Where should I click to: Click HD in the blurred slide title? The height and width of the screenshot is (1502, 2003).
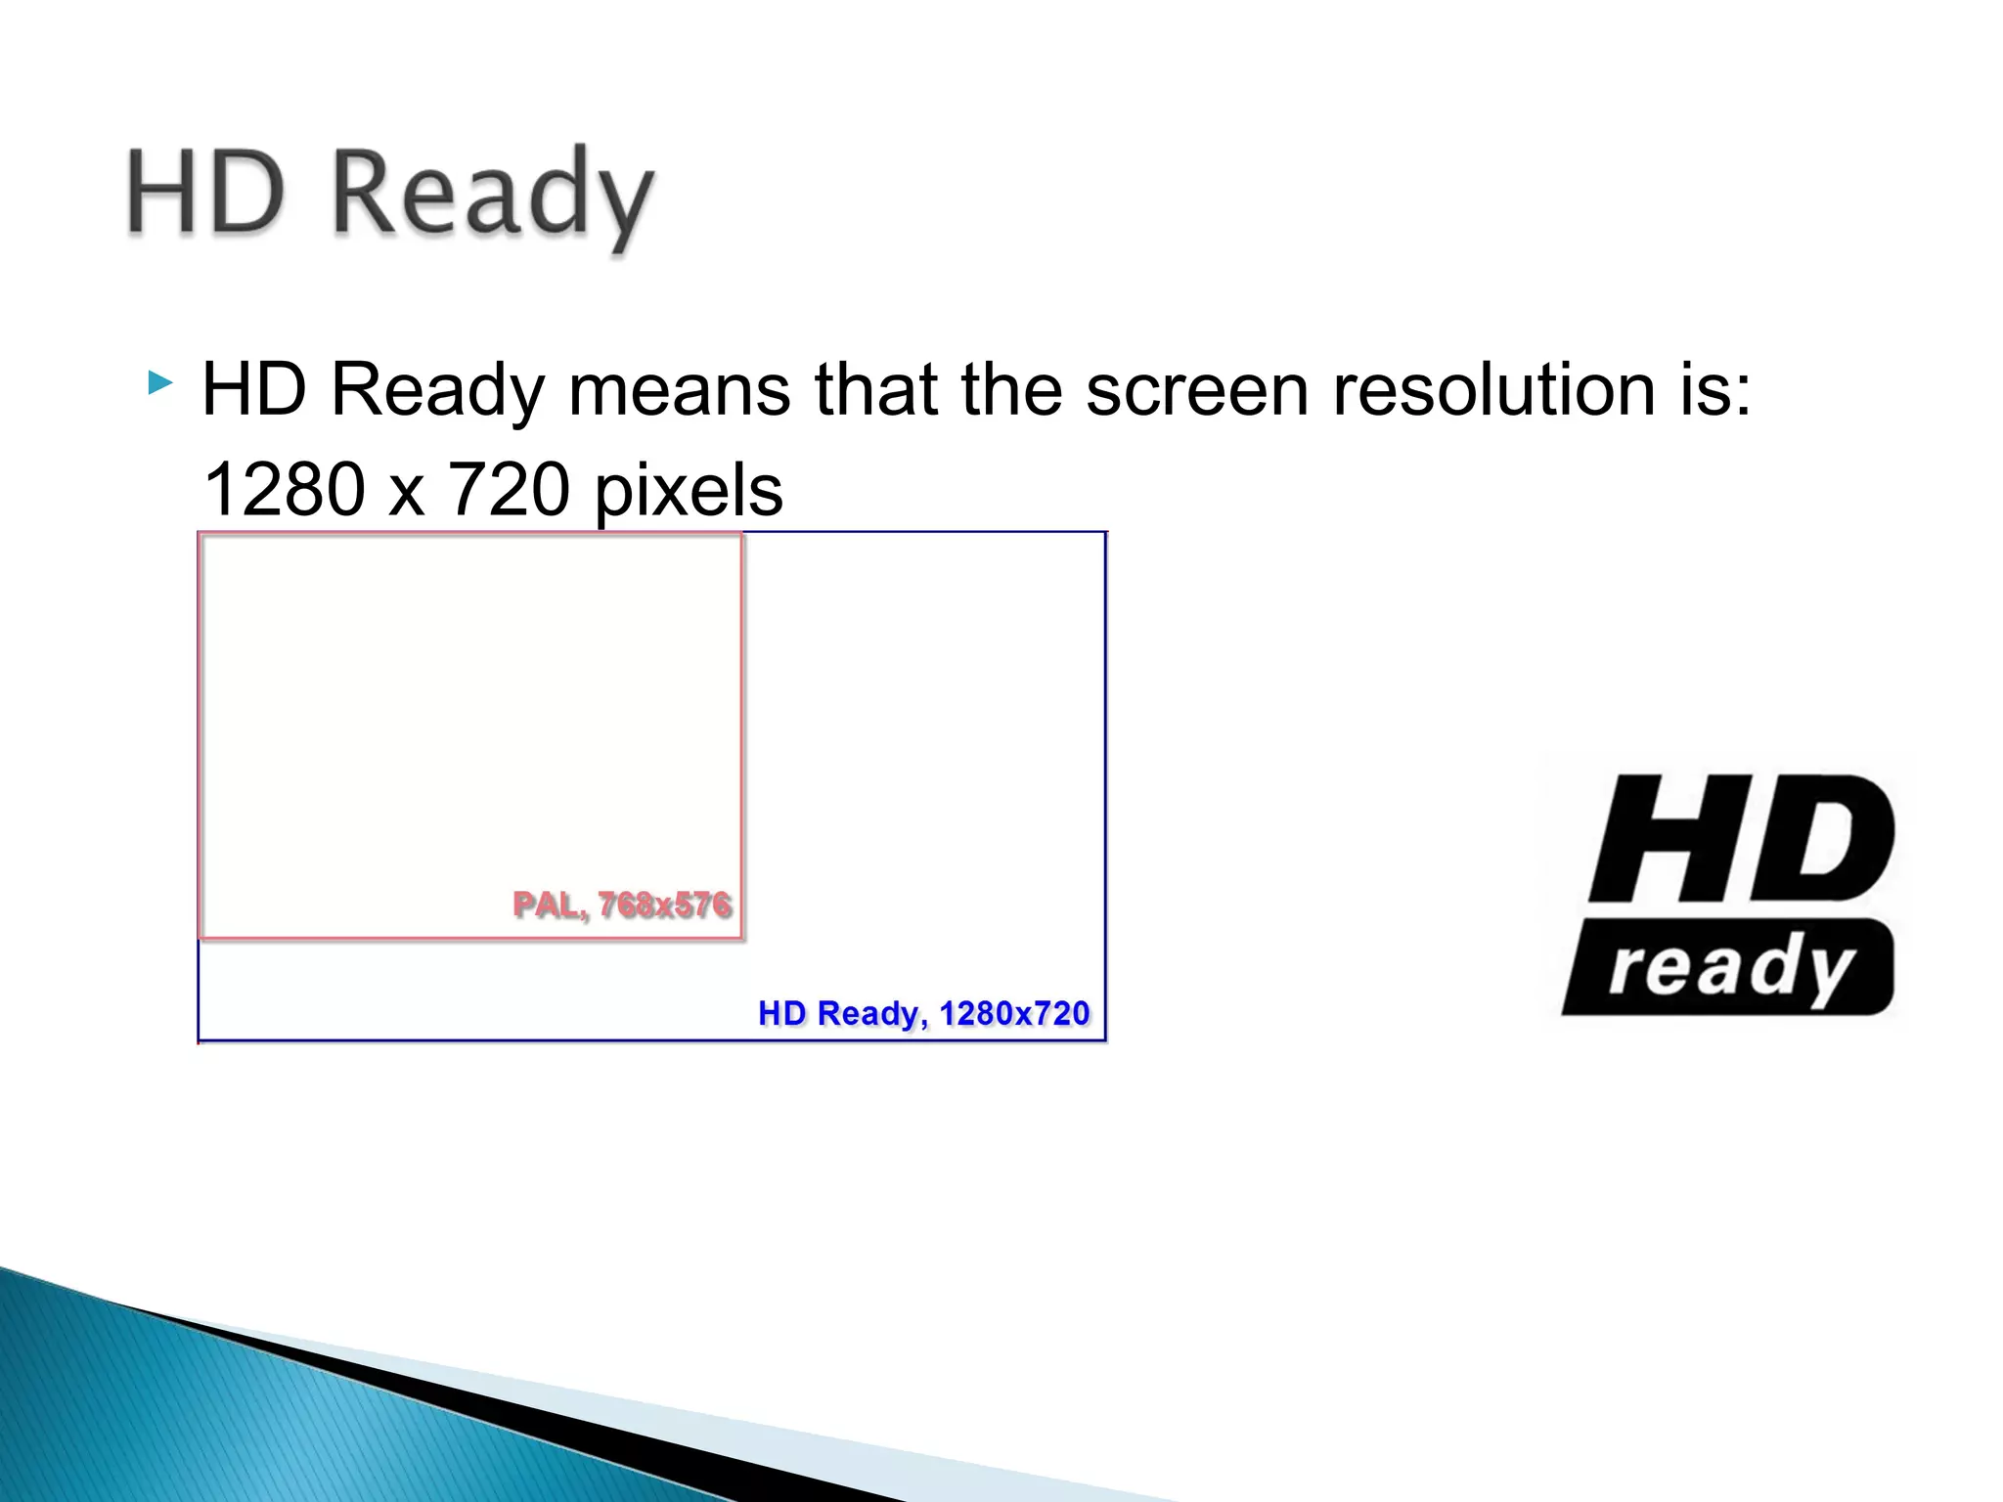tap(206, 193)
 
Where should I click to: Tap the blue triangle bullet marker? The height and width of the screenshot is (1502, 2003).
tap(159, 382)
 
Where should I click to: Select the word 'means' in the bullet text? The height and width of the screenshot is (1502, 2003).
tap(679, 389)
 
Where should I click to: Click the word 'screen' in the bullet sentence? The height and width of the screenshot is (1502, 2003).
tap(1196, 389)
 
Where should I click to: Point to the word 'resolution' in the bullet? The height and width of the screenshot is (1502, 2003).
tap(1493, 389)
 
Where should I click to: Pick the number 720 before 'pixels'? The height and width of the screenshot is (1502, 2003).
tap(509, 489)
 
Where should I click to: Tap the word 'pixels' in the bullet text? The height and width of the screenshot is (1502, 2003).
tap(689, 491)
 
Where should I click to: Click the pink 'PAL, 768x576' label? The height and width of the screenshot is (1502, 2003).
tap(622, 905)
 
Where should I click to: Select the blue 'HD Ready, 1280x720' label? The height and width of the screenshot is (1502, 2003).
tap(923, 1013)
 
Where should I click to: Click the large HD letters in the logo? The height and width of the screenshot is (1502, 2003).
tap(1741, 838)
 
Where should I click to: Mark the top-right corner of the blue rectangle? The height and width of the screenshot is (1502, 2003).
tap(1105, 533)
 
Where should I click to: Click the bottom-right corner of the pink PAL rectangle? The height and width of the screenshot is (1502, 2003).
tap(741, 938)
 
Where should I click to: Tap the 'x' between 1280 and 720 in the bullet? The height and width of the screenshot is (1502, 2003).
tap(406, 495)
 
